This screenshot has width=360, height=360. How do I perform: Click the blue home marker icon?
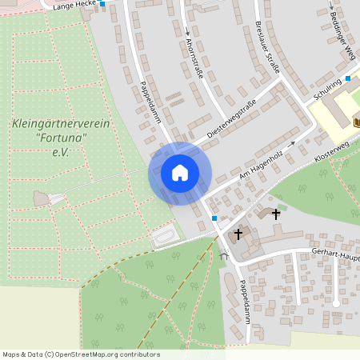point(180,173)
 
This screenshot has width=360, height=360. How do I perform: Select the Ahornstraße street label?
point(194,58)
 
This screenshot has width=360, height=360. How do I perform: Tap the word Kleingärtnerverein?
point(50,123)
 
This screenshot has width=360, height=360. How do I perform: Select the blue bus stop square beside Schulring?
point(348,78)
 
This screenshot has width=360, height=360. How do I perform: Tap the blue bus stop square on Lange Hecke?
point(102,4)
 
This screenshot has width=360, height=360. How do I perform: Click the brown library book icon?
point(355,122)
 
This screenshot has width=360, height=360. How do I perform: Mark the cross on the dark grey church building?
point(238,234)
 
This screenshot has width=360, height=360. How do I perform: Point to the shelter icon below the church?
point(225,258)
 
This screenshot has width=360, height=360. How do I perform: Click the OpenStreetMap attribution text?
point(81,354)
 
